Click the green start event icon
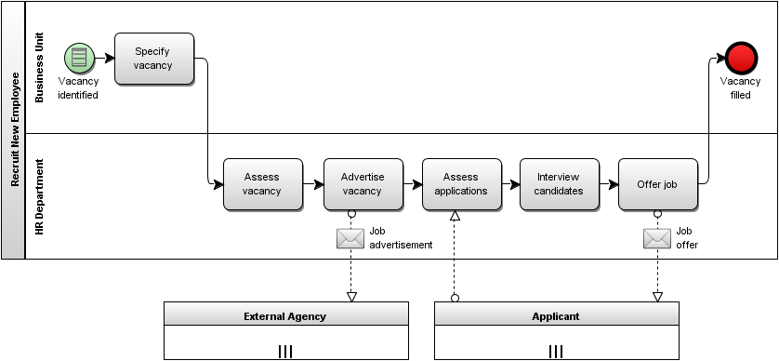[x=80, y=59]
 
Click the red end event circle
[x=741, y=59]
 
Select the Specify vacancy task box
[x=153, y=59]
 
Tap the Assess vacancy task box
[x=262, y=183]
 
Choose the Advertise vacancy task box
[x=363, y=183]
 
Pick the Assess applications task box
[x=461, y=183]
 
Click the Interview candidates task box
[x=559, y=183]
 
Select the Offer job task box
[x=657, y=183]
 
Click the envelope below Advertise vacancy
[x=350, y=238]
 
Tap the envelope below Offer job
[x=657, y=238]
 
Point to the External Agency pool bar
[x=285, y=314]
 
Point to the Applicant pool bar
[x=556, y=314]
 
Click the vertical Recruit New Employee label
[x=14, y=130]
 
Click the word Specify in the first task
[x=152, y=52]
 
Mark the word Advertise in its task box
[x=363, y=177]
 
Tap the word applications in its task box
[x=461, y=191]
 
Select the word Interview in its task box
[x=559, y=177]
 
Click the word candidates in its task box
[x=559, y=191]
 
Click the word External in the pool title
[x=263, y=316]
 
